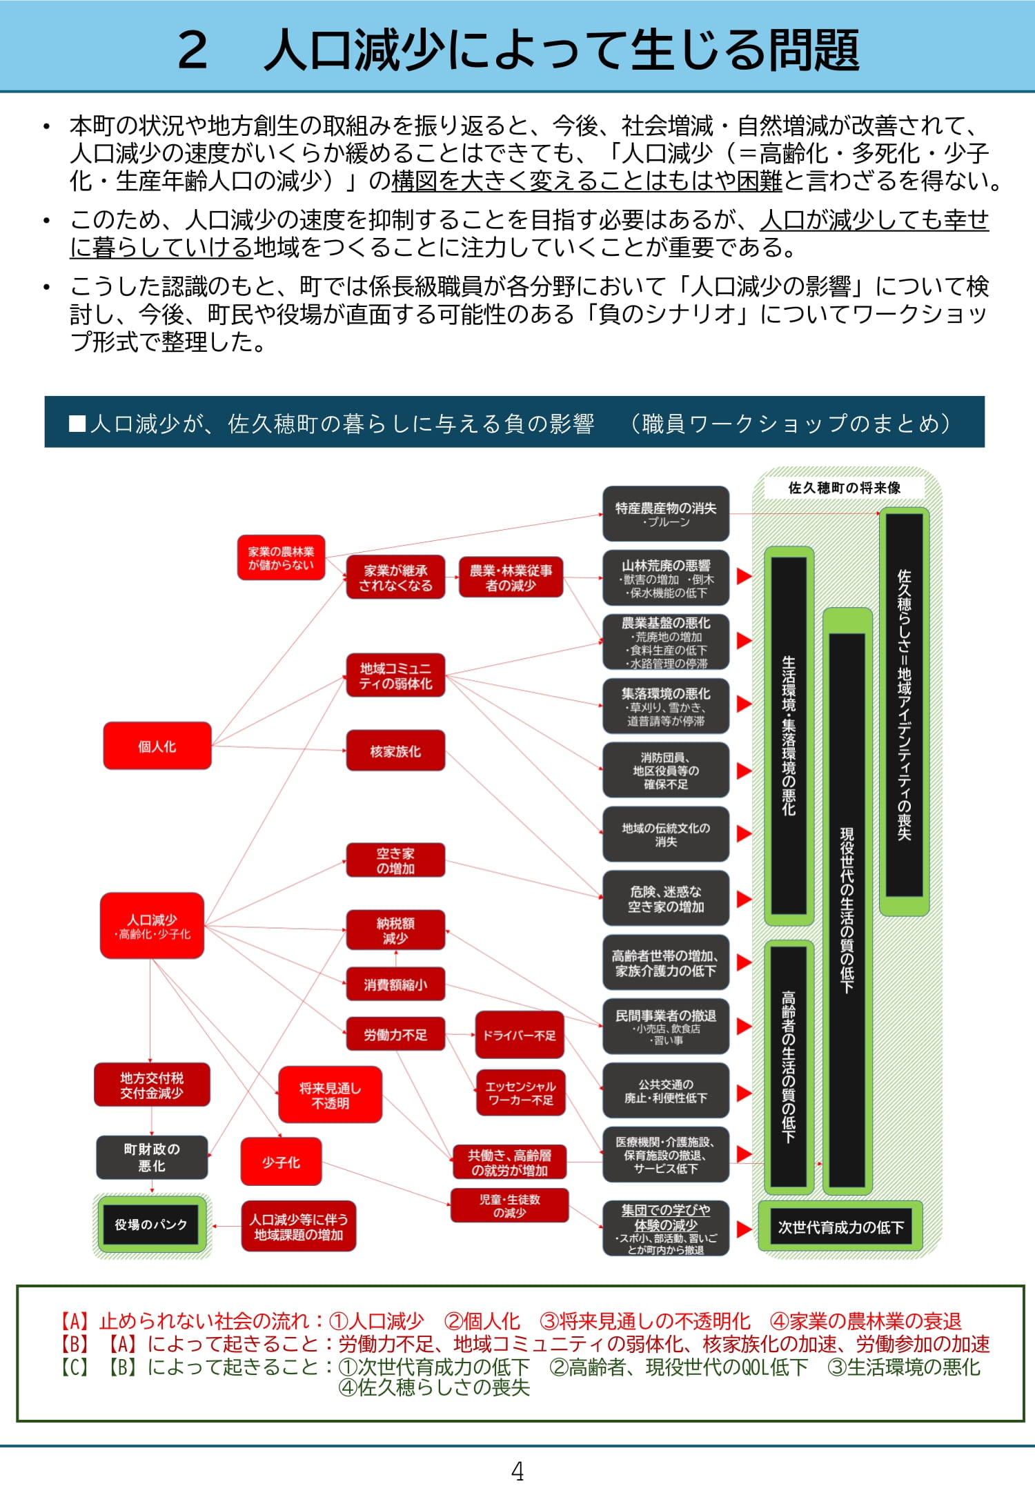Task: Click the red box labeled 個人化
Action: (157, 746)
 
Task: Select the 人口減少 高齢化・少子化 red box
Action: (152, 926)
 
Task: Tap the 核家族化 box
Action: (395, 751)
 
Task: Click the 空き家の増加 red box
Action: (395, 860)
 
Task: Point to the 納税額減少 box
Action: (395, 930)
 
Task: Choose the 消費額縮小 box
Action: (395, 984)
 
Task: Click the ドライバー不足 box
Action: (520, 1035)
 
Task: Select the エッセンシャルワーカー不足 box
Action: (520, 1093)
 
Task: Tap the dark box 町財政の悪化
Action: (152, 1157)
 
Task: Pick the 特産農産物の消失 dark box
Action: (666, 514)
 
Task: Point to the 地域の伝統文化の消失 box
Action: (666, 834)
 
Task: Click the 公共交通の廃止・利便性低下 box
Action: (666, 1091)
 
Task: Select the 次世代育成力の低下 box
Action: (840, 1227)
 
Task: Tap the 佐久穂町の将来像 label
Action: (844, 488)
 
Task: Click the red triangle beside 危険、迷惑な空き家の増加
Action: (743, 898)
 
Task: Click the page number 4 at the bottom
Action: (517, 1472)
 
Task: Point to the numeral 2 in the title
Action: (193, 50)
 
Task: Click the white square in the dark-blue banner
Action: (77, 423)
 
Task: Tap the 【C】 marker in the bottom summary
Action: (75, 1367)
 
